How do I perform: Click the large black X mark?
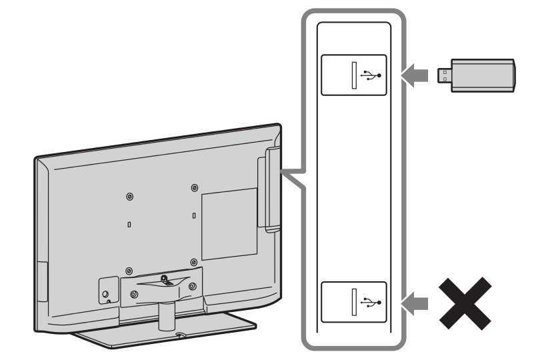pos(465,303)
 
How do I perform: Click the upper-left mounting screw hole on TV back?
pos(129,197)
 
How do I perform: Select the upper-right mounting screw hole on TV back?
pos(193,187)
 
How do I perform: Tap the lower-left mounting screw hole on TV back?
pos(128,272)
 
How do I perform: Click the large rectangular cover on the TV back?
pos(229,224)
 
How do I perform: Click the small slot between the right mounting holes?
pos(193,216)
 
